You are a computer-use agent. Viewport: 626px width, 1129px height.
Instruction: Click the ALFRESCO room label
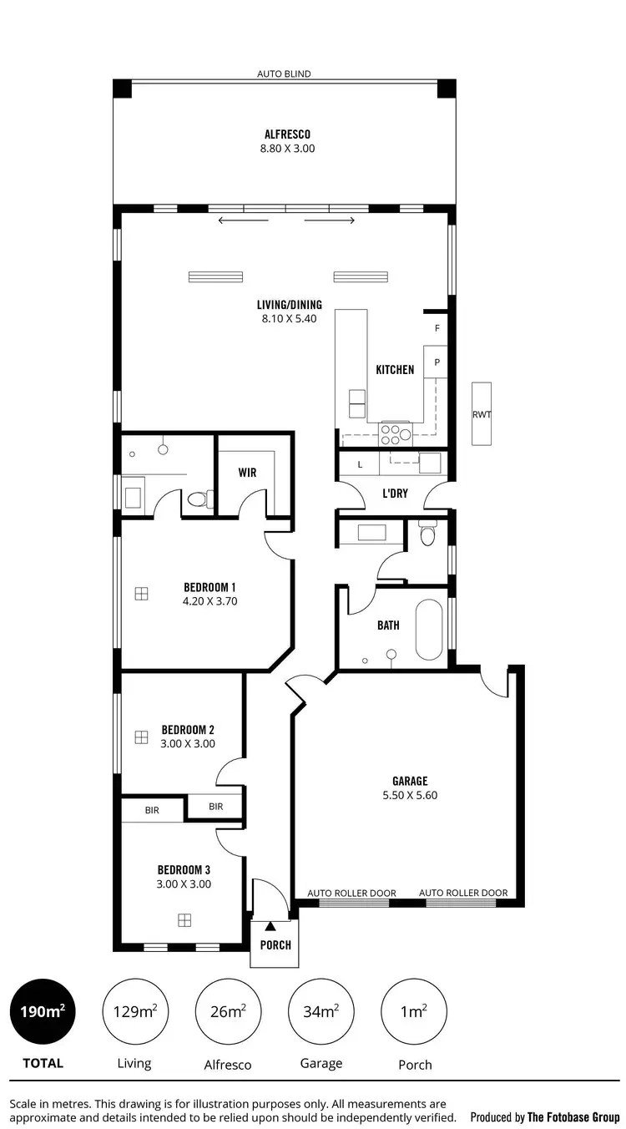[288, 134]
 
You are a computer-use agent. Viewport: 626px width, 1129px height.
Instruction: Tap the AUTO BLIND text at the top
[284, 74]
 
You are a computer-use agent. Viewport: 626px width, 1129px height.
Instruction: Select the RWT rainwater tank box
[482, 413]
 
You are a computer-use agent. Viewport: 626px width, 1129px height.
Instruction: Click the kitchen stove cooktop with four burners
[396, 433]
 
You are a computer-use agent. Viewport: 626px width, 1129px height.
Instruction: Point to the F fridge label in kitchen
[437, 329]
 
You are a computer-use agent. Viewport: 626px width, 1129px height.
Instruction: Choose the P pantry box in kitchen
[436, 363]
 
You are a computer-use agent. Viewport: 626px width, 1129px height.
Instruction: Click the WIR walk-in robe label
[247, 473]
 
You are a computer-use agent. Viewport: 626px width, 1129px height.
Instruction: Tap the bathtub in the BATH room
[429, 627]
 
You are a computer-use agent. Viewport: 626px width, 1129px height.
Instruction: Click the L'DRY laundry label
[395, 494]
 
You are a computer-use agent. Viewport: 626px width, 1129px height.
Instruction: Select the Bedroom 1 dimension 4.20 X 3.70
[211, 600]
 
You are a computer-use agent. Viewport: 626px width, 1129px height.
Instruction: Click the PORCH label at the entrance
[275, 945]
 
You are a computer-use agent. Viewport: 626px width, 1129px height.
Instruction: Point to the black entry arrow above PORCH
[270, 925]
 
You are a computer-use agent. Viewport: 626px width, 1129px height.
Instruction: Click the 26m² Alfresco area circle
[228, 1011]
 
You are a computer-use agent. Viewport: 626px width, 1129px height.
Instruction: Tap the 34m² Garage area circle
[321, 1011]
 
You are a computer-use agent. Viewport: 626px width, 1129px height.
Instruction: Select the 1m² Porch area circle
[414, 1011]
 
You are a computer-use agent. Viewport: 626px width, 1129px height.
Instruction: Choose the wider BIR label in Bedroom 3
[152, 809]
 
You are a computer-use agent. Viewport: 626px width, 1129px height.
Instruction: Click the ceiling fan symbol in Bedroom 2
[141, 737]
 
